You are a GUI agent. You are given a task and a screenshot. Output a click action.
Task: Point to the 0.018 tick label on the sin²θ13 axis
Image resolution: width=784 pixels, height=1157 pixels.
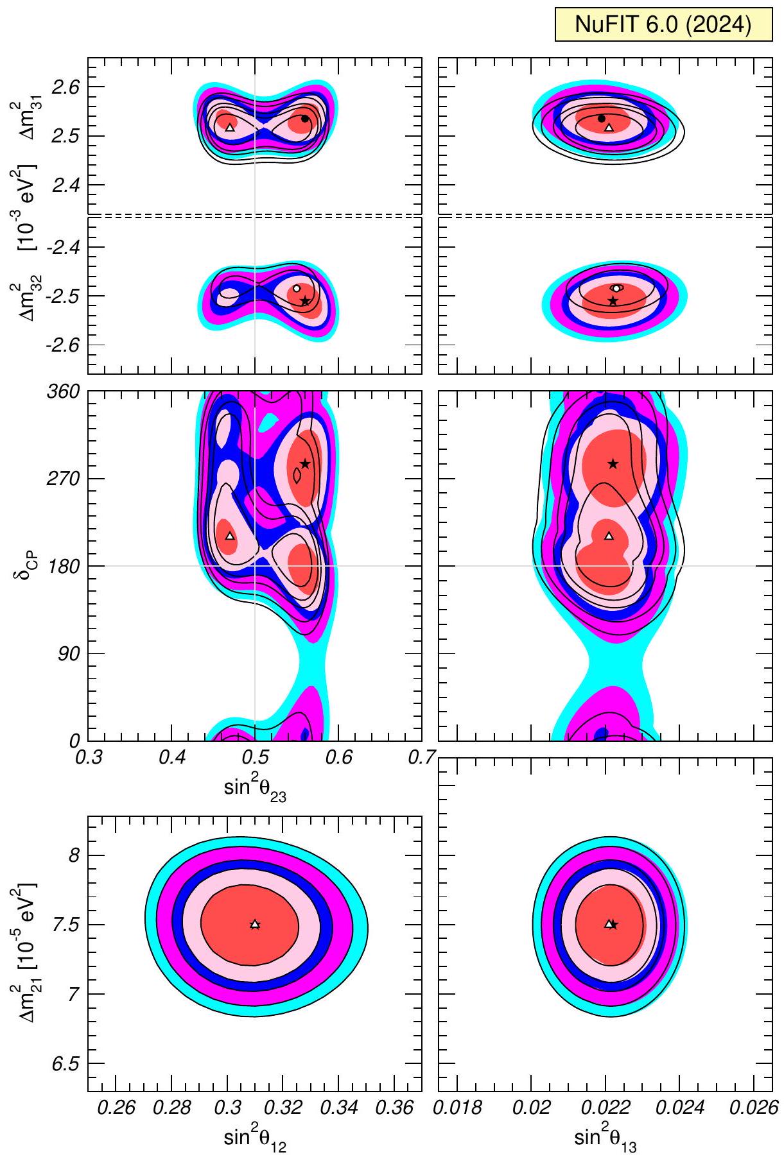point(458,1108)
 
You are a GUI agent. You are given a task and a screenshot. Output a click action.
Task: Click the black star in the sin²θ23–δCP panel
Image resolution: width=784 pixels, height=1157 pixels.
point(305,464)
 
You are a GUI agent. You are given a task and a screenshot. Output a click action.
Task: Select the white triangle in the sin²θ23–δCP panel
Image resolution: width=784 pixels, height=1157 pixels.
point(230,536)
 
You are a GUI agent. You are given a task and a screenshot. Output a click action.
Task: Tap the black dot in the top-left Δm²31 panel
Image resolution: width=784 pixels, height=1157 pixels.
point(305,119)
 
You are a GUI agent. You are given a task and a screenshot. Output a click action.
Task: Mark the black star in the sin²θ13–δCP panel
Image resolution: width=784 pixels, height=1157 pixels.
point(613,464)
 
